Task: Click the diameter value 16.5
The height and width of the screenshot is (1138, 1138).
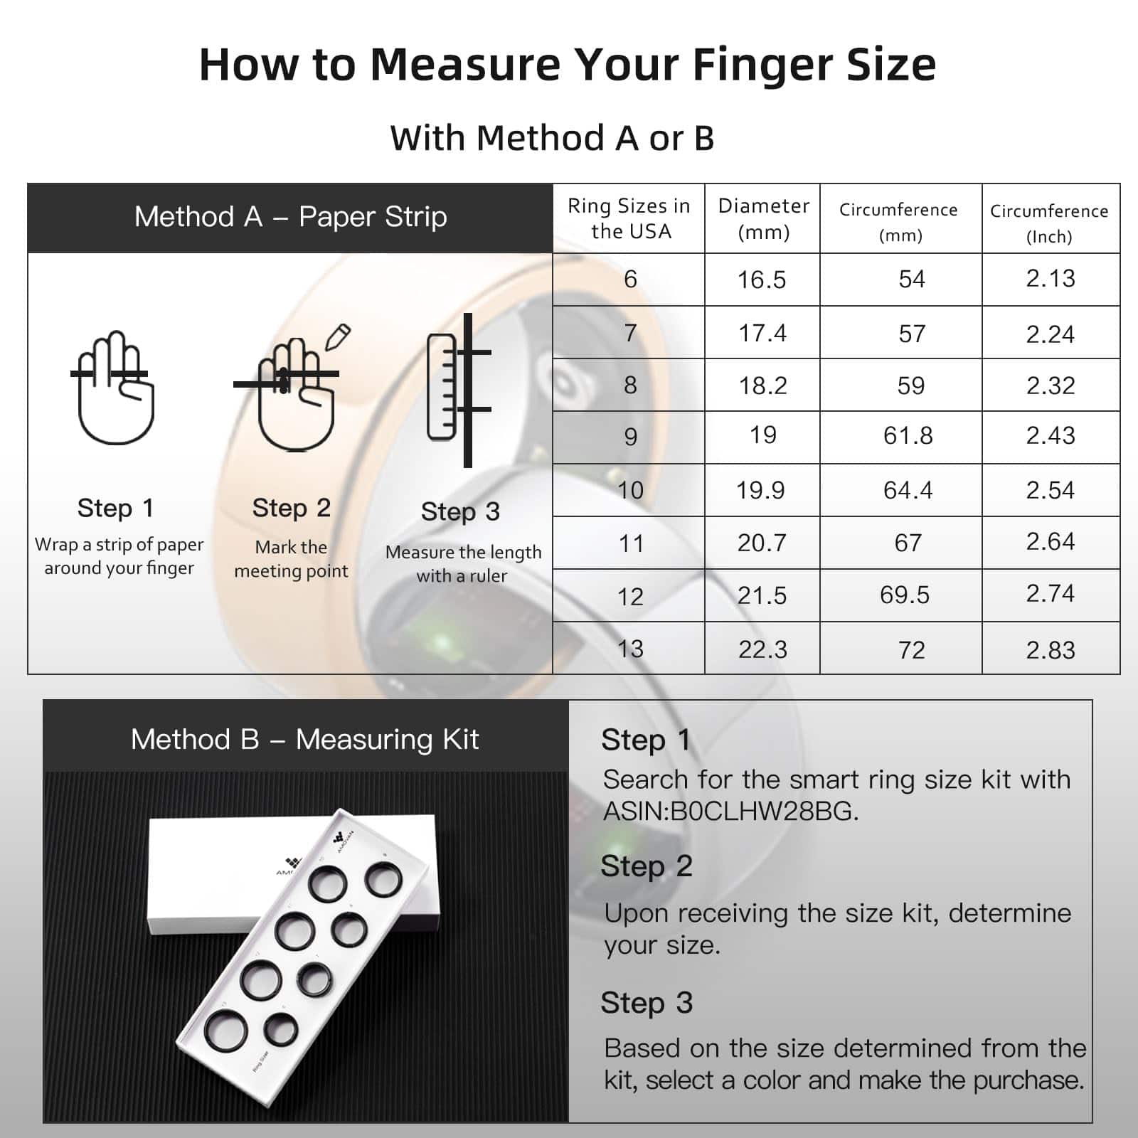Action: [x=761, y=280]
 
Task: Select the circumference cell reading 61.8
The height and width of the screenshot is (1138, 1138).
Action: [x=908, y=435]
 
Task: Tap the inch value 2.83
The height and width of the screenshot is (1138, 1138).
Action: [x=1050, y=649]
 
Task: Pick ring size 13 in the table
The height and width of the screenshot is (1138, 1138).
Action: [x=630, y=649]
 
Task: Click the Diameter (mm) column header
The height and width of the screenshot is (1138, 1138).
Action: [x=763, y=218]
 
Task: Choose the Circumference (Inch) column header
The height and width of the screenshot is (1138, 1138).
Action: [x=1049, y=223]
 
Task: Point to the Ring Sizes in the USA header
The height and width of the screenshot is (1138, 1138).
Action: [x=629, y=218]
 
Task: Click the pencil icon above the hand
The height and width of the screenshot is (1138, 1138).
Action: [x=339, y=337]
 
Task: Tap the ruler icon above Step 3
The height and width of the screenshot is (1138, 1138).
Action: [x=442, y=388]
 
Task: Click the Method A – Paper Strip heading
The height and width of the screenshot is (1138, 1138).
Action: [x=290, y=216]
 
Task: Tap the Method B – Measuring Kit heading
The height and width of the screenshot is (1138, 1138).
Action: [x=304, y=739]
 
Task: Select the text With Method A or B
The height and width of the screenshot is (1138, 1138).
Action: [x=552, y=137]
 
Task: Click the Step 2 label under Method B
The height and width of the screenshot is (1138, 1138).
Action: [x=646, y=866]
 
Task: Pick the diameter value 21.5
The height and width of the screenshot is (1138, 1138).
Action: [x=761, y=595]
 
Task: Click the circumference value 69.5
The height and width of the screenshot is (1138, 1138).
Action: [x=904, y=595]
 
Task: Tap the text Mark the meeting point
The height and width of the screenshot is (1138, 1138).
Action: [x=291, y=558]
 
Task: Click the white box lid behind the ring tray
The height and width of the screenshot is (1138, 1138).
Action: [x=213, y=875]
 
